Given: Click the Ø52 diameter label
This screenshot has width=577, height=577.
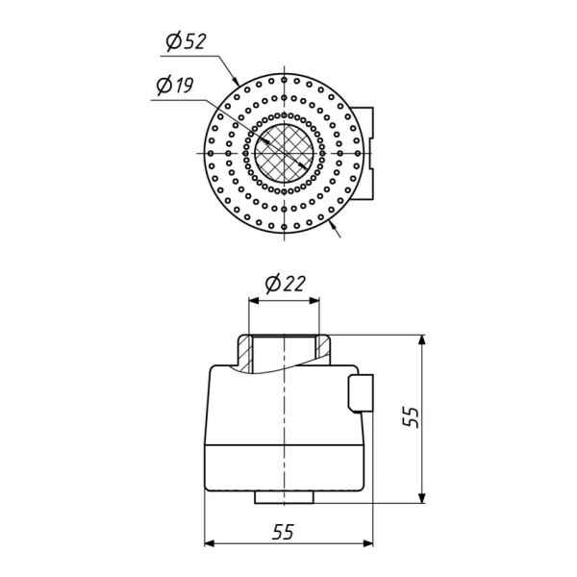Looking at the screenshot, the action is pyautogui.click(x=186, y=41).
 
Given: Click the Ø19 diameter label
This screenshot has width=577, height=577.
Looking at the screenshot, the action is pyautogui.click(x=175, y=86).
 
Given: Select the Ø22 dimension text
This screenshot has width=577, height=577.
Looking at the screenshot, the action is pyautogui.click(x=286, y=284).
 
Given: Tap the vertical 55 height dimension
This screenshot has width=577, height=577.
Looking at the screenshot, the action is pyautogui.click(x=411, y=417).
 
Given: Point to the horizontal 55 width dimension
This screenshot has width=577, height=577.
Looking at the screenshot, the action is pyautogui.click(x=284, y=532).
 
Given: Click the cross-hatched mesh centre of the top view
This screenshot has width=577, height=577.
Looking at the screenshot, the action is pyautogui.click(x=285, y=153).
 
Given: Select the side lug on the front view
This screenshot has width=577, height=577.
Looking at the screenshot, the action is pyautogui.click(x=361, y=393).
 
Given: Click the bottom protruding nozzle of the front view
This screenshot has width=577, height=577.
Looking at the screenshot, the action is pyautogui.click(x=285, y=497).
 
